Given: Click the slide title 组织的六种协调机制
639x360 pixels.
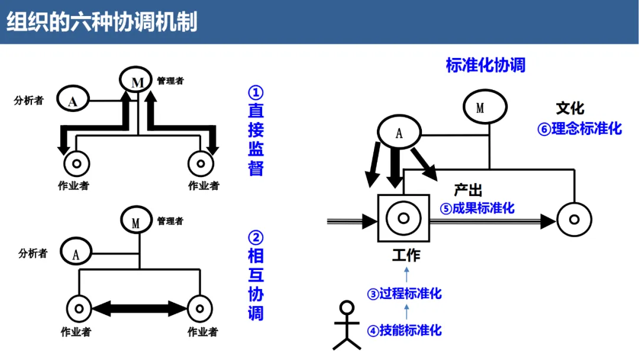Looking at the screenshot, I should tap(102, 22).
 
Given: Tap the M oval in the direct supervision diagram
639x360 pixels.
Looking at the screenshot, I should tap(137, 81).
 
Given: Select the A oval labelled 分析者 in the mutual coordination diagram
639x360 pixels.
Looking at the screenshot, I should tap(76, 253).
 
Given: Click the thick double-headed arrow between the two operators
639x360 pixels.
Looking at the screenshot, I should tap(139, 308).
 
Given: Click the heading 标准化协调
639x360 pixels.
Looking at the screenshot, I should tap(485, 65).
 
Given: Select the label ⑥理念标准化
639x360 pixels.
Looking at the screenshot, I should tap(579, 128).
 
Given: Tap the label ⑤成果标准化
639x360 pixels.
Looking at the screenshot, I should tap(477, 208).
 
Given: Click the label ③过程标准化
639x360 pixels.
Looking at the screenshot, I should tap(405, 294).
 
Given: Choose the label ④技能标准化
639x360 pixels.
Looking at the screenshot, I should tap(405, 330).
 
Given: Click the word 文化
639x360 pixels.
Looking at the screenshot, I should tap(570, 108).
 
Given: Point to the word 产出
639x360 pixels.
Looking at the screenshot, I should tap(468, 190).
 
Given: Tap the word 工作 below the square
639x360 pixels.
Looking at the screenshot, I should tap(406, 255).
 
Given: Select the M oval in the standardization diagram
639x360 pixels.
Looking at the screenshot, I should tap(484, 107).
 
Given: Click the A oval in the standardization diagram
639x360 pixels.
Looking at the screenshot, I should tap(399, 133).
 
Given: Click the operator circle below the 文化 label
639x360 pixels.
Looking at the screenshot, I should tap(573, 220).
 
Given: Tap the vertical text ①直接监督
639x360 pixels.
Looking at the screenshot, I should tap(256, 131).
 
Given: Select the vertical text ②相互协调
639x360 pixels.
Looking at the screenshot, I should tap(256, 275).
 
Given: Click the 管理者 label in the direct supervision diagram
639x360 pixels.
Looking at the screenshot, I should tap(170, 81).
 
